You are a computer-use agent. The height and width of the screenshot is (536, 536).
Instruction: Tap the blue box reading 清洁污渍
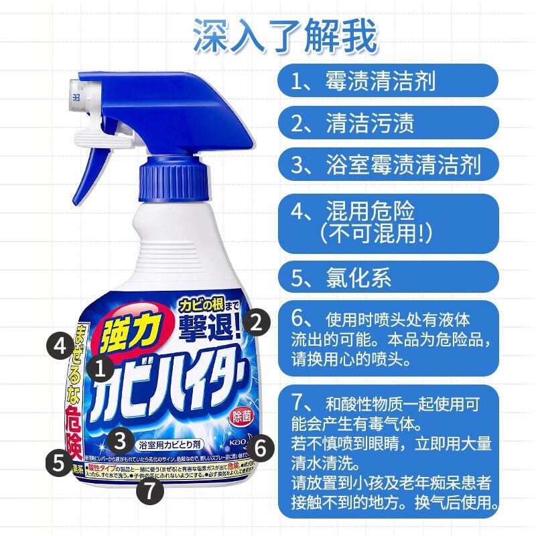pos(388,123)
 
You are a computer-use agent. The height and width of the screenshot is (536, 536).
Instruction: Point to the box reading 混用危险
pos(388,222)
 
